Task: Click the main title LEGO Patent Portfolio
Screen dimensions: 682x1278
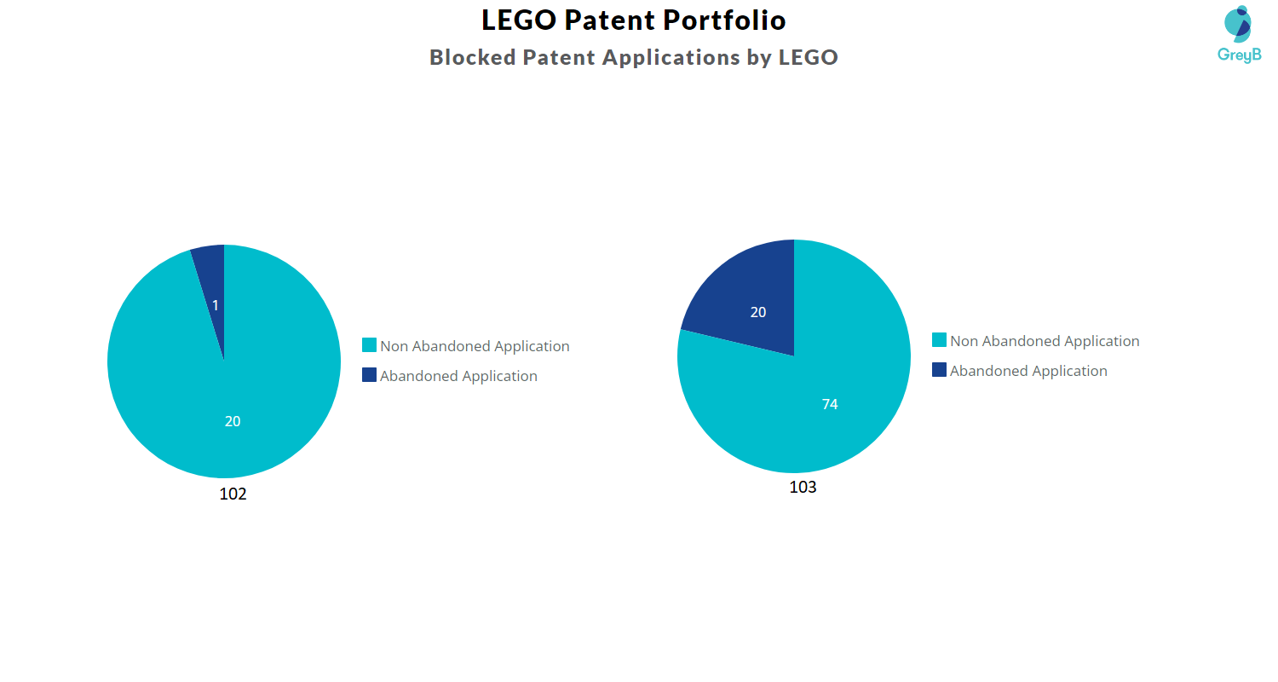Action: [633, 20]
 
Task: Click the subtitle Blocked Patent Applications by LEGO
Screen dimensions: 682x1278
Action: [633, 57]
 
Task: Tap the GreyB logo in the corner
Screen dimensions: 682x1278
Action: [1238, 34]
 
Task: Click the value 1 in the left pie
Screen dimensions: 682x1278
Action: [216, 305]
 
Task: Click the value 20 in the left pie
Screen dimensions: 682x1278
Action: [233, 421]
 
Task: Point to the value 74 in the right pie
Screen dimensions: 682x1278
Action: [830, 405]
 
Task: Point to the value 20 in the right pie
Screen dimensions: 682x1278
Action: [758, 313]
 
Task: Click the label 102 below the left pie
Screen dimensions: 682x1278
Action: [233, 494]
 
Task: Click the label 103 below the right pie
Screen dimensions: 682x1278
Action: [803, 488]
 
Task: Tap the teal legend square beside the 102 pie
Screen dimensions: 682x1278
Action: [369, 345]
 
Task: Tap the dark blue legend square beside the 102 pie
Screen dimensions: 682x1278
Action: [369, 375]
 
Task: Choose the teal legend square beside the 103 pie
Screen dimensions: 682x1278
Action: [939, 340]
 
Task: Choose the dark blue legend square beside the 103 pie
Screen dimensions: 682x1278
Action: [939, 370]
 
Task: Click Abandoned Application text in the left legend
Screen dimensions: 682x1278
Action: [458, 376]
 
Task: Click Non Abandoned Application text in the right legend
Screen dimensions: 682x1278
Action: [1045, 341]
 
